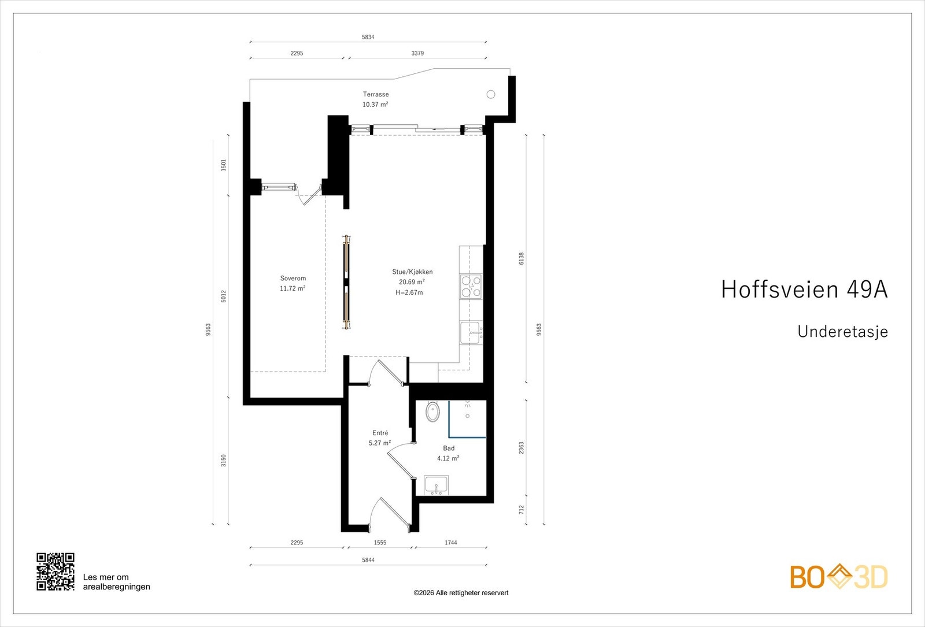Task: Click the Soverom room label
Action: click(x=293, y=279)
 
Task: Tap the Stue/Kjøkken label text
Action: click(x=412, y=272)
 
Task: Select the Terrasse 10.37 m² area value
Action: click(x=375, y=105)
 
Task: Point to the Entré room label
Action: click(x=380, y=433)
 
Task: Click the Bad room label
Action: click(x=449, y=448)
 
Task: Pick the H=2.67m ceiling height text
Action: click(x=409, y=292)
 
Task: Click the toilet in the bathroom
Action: click(x=432, y=412)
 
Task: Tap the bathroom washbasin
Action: click(x=436, y=485)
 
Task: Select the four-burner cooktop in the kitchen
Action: click(x=471, y=287)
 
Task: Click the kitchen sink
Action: click(x=471, y=333)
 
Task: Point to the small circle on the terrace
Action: click(x=491, y=94)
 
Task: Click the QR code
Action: click(x=55, y=572)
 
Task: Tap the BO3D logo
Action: click(x=839, y=577)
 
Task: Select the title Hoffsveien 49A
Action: click(x=804, y=290)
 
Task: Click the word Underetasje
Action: click(x=842, y=332)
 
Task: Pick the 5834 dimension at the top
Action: click(x=368, y=37)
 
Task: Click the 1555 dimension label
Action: click(x=380, y=543)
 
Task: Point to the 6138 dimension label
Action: click(x=521, y=258)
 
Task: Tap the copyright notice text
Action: click(x=461, y=593)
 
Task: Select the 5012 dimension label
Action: click(x=224, y=296)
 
